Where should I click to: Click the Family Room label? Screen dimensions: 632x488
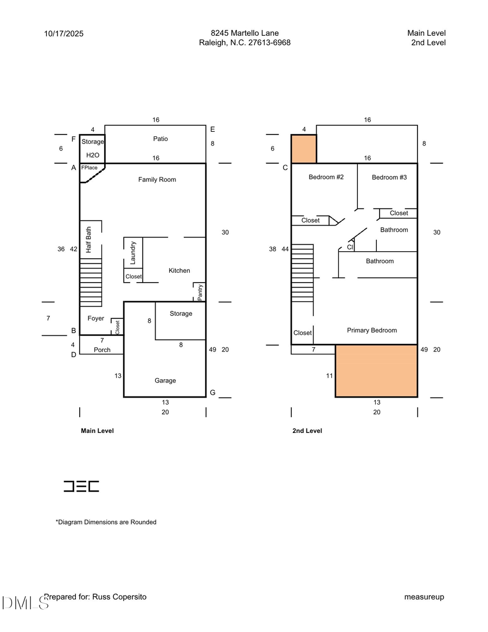(157, 180)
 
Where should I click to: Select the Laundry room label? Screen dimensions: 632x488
(133, 252)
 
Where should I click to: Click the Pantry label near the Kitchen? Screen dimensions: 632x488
(200, 292)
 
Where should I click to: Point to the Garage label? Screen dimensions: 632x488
(165, 381)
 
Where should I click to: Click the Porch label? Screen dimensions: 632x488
(102, 350)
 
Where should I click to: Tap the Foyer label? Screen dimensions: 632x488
(95, 318)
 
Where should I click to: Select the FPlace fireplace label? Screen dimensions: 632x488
(89, 168)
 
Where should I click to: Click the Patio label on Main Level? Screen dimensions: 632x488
(160, 139)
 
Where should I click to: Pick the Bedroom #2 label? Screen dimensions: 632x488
(326, 177)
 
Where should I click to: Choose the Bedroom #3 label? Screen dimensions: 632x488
(389, 177)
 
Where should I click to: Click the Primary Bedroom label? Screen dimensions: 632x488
(372, 330)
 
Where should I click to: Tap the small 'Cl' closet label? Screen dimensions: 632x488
(350, 247)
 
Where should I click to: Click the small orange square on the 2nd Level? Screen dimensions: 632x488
(304, 149)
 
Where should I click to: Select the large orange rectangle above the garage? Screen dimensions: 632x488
(376, 371)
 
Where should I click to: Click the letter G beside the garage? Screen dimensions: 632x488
(213, 392)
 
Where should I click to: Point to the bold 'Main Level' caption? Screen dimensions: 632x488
(97, 431)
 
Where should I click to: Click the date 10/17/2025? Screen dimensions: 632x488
(64, 34)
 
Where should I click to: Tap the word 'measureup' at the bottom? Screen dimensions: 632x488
(424, 597)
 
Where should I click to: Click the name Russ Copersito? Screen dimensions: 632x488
(120, 597)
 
